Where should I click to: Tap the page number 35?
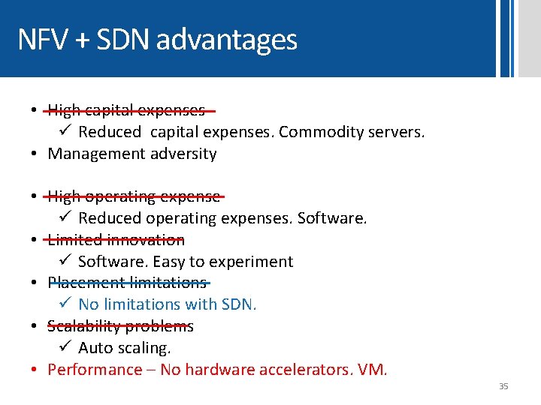tap(503, 386)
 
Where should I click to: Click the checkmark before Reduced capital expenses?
tap(65, 132)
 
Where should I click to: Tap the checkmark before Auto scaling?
tap(65, 348)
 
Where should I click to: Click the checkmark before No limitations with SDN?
tap(65, 304)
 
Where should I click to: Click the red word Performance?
tap(95, 370)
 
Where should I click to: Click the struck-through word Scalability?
tap(83, 326)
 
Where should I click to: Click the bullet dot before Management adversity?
tap(35, 154)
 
